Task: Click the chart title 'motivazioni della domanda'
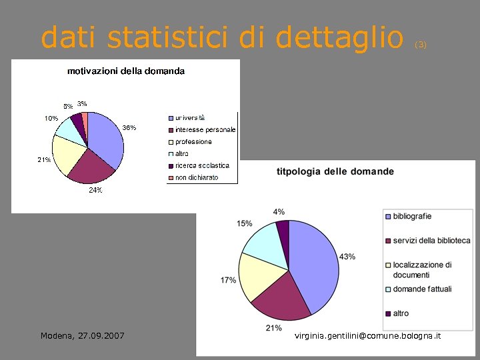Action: [x=126, y=71]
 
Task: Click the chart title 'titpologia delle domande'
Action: [x=335, y=171]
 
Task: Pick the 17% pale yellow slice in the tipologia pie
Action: [x=253, y=276]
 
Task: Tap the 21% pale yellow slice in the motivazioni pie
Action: [x=67, y=155]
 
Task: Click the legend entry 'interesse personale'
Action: [x=205, y=129]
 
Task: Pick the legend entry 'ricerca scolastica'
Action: [x=202, y=165]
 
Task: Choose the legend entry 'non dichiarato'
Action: [x=197, y=177]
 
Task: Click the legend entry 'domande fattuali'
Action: [x=422, y=289]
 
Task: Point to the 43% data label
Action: [x=347, y=257]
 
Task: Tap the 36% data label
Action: [x=129, y=128]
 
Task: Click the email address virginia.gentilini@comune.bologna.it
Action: [x=367, y=335]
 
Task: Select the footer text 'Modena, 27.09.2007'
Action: [x=82, y=335]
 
